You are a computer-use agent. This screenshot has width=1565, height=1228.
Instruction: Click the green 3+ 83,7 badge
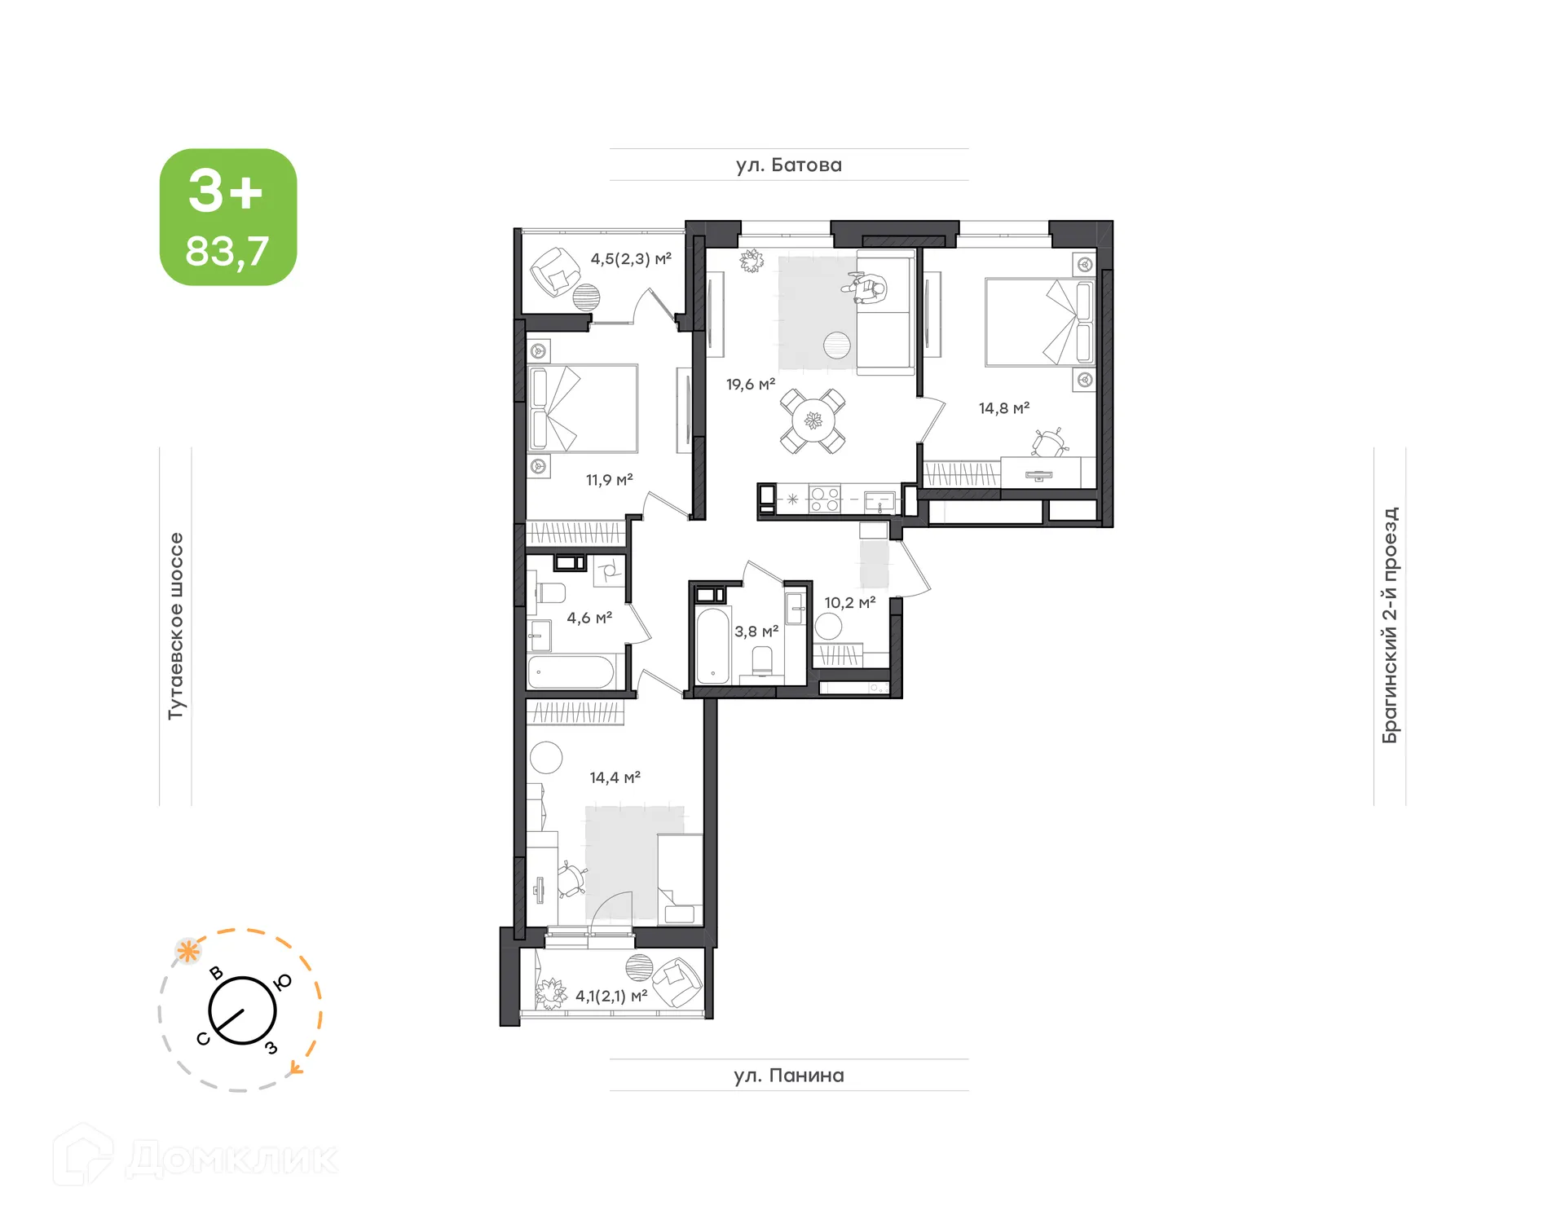click(x=227, y=217)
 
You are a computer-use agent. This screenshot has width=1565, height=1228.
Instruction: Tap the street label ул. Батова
click(x=788, y=165)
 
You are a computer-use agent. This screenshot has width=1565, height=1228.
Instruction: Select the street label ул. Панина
click(x=788, y=1076)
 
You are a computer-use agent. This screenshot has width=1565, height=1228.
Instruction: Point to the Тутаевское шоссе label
click(x=176, y=626)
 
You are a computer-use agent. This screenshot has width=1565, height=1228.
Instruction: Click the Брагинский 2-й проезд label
click(x=1390, y=625)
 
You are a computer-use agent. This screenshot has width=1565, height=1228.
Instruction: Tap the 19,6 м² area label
click(x=750, y=384)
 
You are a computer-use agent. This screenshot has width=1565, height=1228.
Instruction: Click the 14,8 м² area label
click(x=1003, y=408)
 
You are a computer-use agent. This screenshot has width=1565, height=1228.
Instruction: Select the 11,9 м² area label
click(x=609, y=480)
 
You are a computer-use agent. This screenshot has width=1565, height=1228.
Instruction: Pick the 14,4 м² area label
click(x=615, y=777)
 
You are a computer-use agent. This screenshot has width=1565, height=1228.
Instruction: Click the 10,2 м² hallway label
click(x=849, y=603)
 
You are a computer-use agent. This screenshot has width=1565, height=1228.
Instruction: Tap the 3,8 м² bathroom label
click(x=756, y=632)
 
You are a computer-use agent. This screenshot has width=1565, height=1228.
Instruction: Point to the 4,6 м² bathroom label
click(x=589, y=618)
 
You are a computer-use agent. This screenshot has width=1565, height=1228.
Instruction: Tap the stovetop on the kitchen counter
click(x=824, y=499)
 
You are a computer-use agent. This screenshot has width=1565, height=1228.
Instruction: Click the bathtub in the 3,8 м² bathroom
click(x=712, y=645)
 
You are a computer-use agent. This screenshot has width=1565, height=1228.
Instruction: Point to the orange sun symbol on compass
click(x=188, y=950)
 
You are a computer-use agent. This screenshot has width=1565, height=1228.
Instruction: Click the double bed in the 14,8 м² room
click(x=1038, y=322)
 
